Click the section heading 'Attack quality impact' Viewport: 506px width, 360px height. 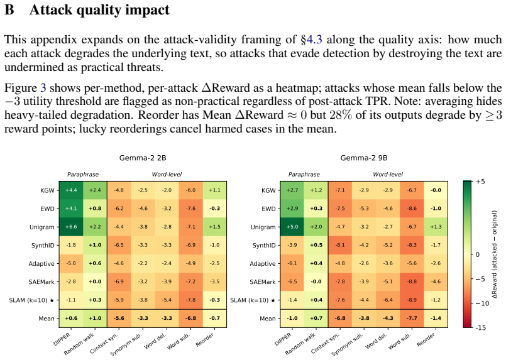coord(99,9)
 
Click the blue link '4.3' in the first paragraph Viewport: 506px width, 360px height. coord(314,40)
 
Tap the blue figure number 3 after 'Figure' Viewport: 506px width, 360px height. coord(43,88)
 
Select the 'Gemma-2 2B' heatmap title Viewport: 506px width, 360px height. coord(143,158)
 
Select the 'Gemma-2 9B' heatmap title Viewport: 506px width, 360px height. coord(364,158)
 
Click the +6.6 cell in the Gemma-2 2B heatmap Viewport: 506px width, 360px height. coord(71,227)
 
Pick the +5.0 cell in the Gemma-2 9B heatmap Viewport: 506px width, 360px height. coord(292,227)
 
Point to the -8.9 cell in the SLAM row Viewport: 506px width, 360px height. coord(412,300)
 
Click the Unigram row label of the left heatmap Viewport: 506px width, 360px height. coord(42,227)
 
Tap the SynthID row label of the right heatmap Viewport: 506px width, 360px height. coord(264,246)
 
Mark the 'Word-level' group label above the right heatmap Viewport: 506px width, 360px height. coord(388,175)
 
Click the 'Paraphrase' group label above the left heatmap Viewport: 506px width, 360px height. coord(83,175)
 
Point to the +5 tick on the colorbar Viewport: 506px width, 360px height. coord(480,182)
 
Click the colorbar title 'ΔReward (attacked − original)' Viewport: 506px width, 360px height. coord(495,254)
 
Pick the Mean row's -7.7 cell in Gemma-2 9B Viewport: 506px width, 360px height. coord(412,319)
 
